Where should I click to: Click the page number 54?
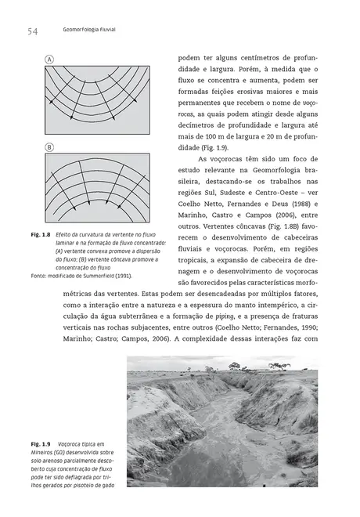point(32,31)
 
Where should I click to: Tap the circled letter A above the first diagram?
point(49,60)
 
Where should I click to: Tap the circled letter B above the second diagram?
point(49,147)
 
